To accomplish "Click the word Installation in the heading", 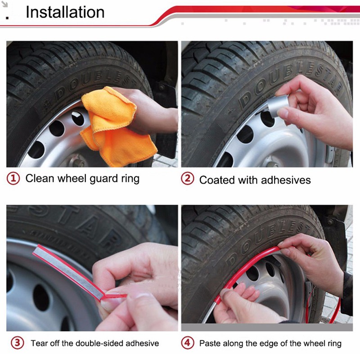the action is pos(65,12).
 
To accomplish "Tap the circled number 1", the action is pos(13,179).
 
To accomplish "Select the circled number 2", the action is pos(188,179).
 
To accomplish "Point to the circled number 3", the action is pos(18,343).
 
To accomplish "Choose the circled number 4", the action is pos(188,343).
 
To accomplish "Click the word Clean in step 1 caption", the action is pos(40,178).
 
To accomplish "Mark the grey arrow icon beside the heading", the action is pos(5,4).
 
